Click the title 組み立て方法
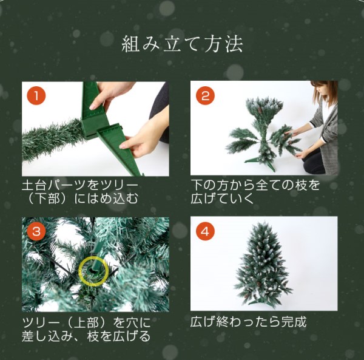point(182,44)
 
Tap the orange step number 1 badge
point(37,96)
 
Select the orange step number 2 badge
point(206,96)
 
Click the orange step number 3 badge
point(37,232)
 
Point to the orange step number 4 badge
point(206,232)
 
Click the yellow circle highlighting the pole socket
point(93,270)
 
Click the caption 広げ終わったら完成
point(248,321)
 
